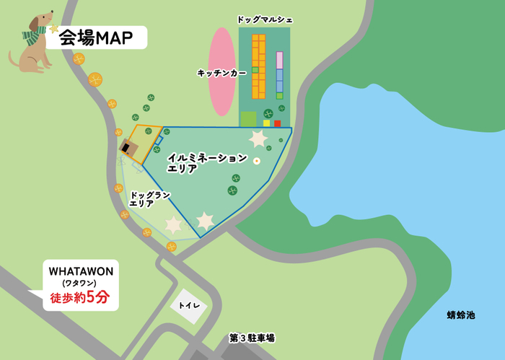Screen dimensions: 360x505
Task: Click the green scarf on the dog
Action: click(33, 35)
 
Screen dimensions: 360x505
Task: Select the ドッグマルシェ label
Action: click(265, 19)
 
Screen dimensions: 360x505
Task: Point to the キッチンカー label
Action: click(221, 73)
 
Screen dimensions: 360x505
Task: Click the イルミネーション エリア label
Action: click(206, 162)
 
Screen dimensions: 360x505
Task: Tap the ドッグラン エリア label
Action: click(150, 199)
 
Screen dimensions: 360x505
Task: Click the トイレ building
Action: click(189, 306)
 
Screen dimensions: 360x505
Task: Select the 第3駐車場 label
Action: click(252, 337)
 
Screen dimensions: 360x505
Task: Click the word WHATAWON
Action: click(80, 271)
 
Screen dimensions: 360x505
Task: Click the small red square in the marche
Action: click(277, 123)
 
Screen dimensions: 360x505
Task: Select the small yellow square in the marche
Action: click(266, 123)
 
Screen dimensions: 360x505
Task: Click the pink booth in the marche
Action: click(279, 60)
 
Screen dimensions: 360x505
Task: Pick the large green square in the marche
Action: click(248, 119)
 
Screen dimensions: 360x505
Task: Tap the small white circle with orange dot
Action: click(256, 161)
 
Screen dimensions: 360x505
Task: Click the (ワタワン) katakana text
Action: click(80, 284)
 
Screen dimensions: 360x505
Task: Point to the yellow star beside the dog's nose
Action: click(53, 28)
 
